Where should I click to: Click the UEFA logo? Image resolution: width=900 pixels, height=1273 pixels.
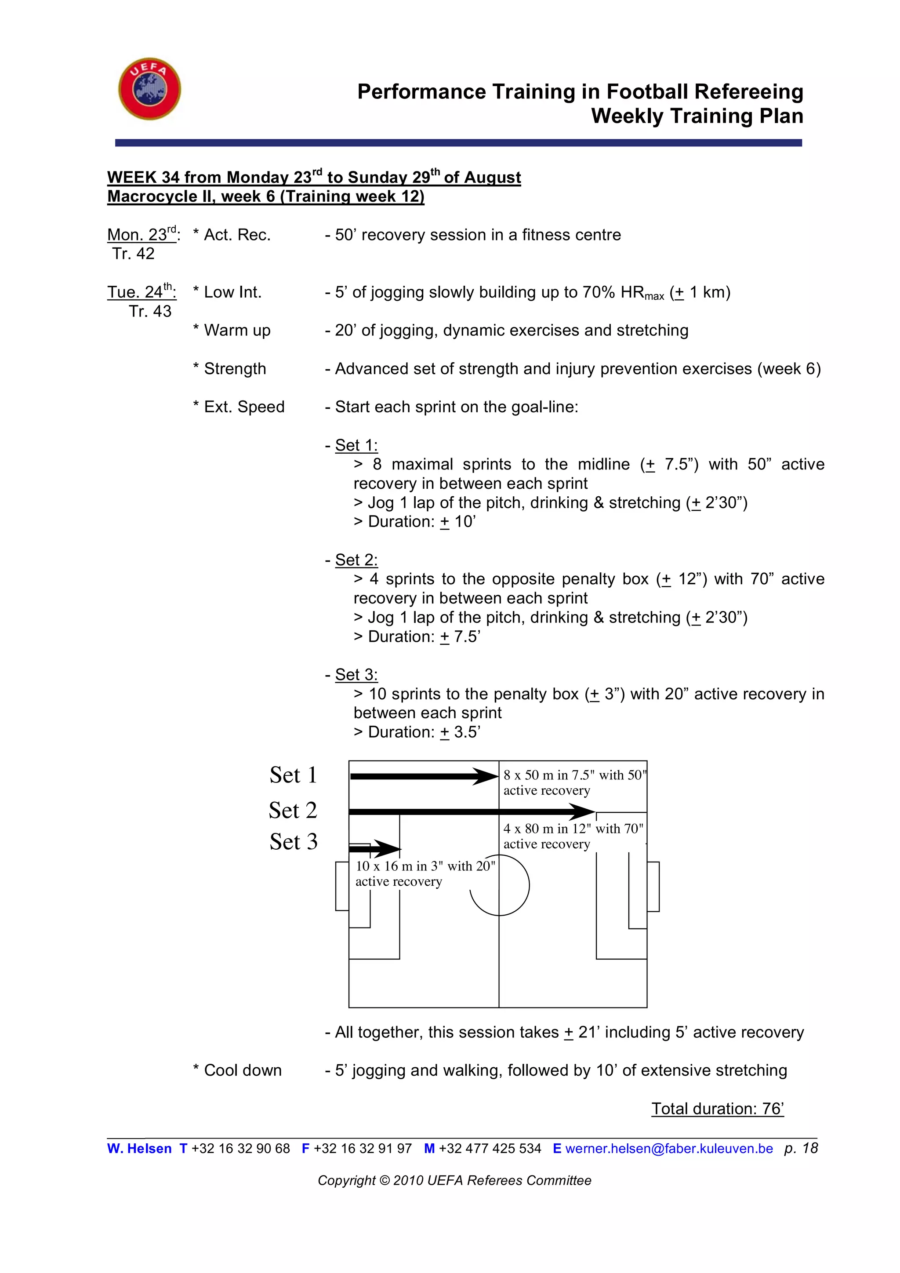(149, 89)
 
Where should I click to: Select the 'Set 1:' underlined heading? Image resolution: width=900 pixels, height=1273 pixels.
(356, 445)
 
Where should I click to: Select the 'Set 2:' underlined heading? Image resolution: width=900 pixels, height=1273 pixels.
(356, 560)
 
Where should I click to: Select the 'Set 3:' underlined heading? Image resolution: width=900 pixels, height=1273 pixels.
(356, 675)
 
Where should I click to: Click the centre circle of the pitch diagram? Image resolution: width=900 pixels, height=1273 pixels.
(500, 885)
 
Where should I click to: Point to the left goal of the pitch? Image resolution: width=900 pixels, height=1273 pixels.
(342, 886)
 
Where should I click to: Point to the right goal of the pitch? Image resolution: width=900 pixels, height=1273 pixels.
(653, 886)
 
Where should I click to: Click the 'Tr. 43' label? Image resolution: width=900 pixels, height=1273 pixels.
(150, 312)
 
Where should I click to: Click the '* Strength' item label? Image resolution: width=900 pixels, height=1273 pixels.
(229, 369)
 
